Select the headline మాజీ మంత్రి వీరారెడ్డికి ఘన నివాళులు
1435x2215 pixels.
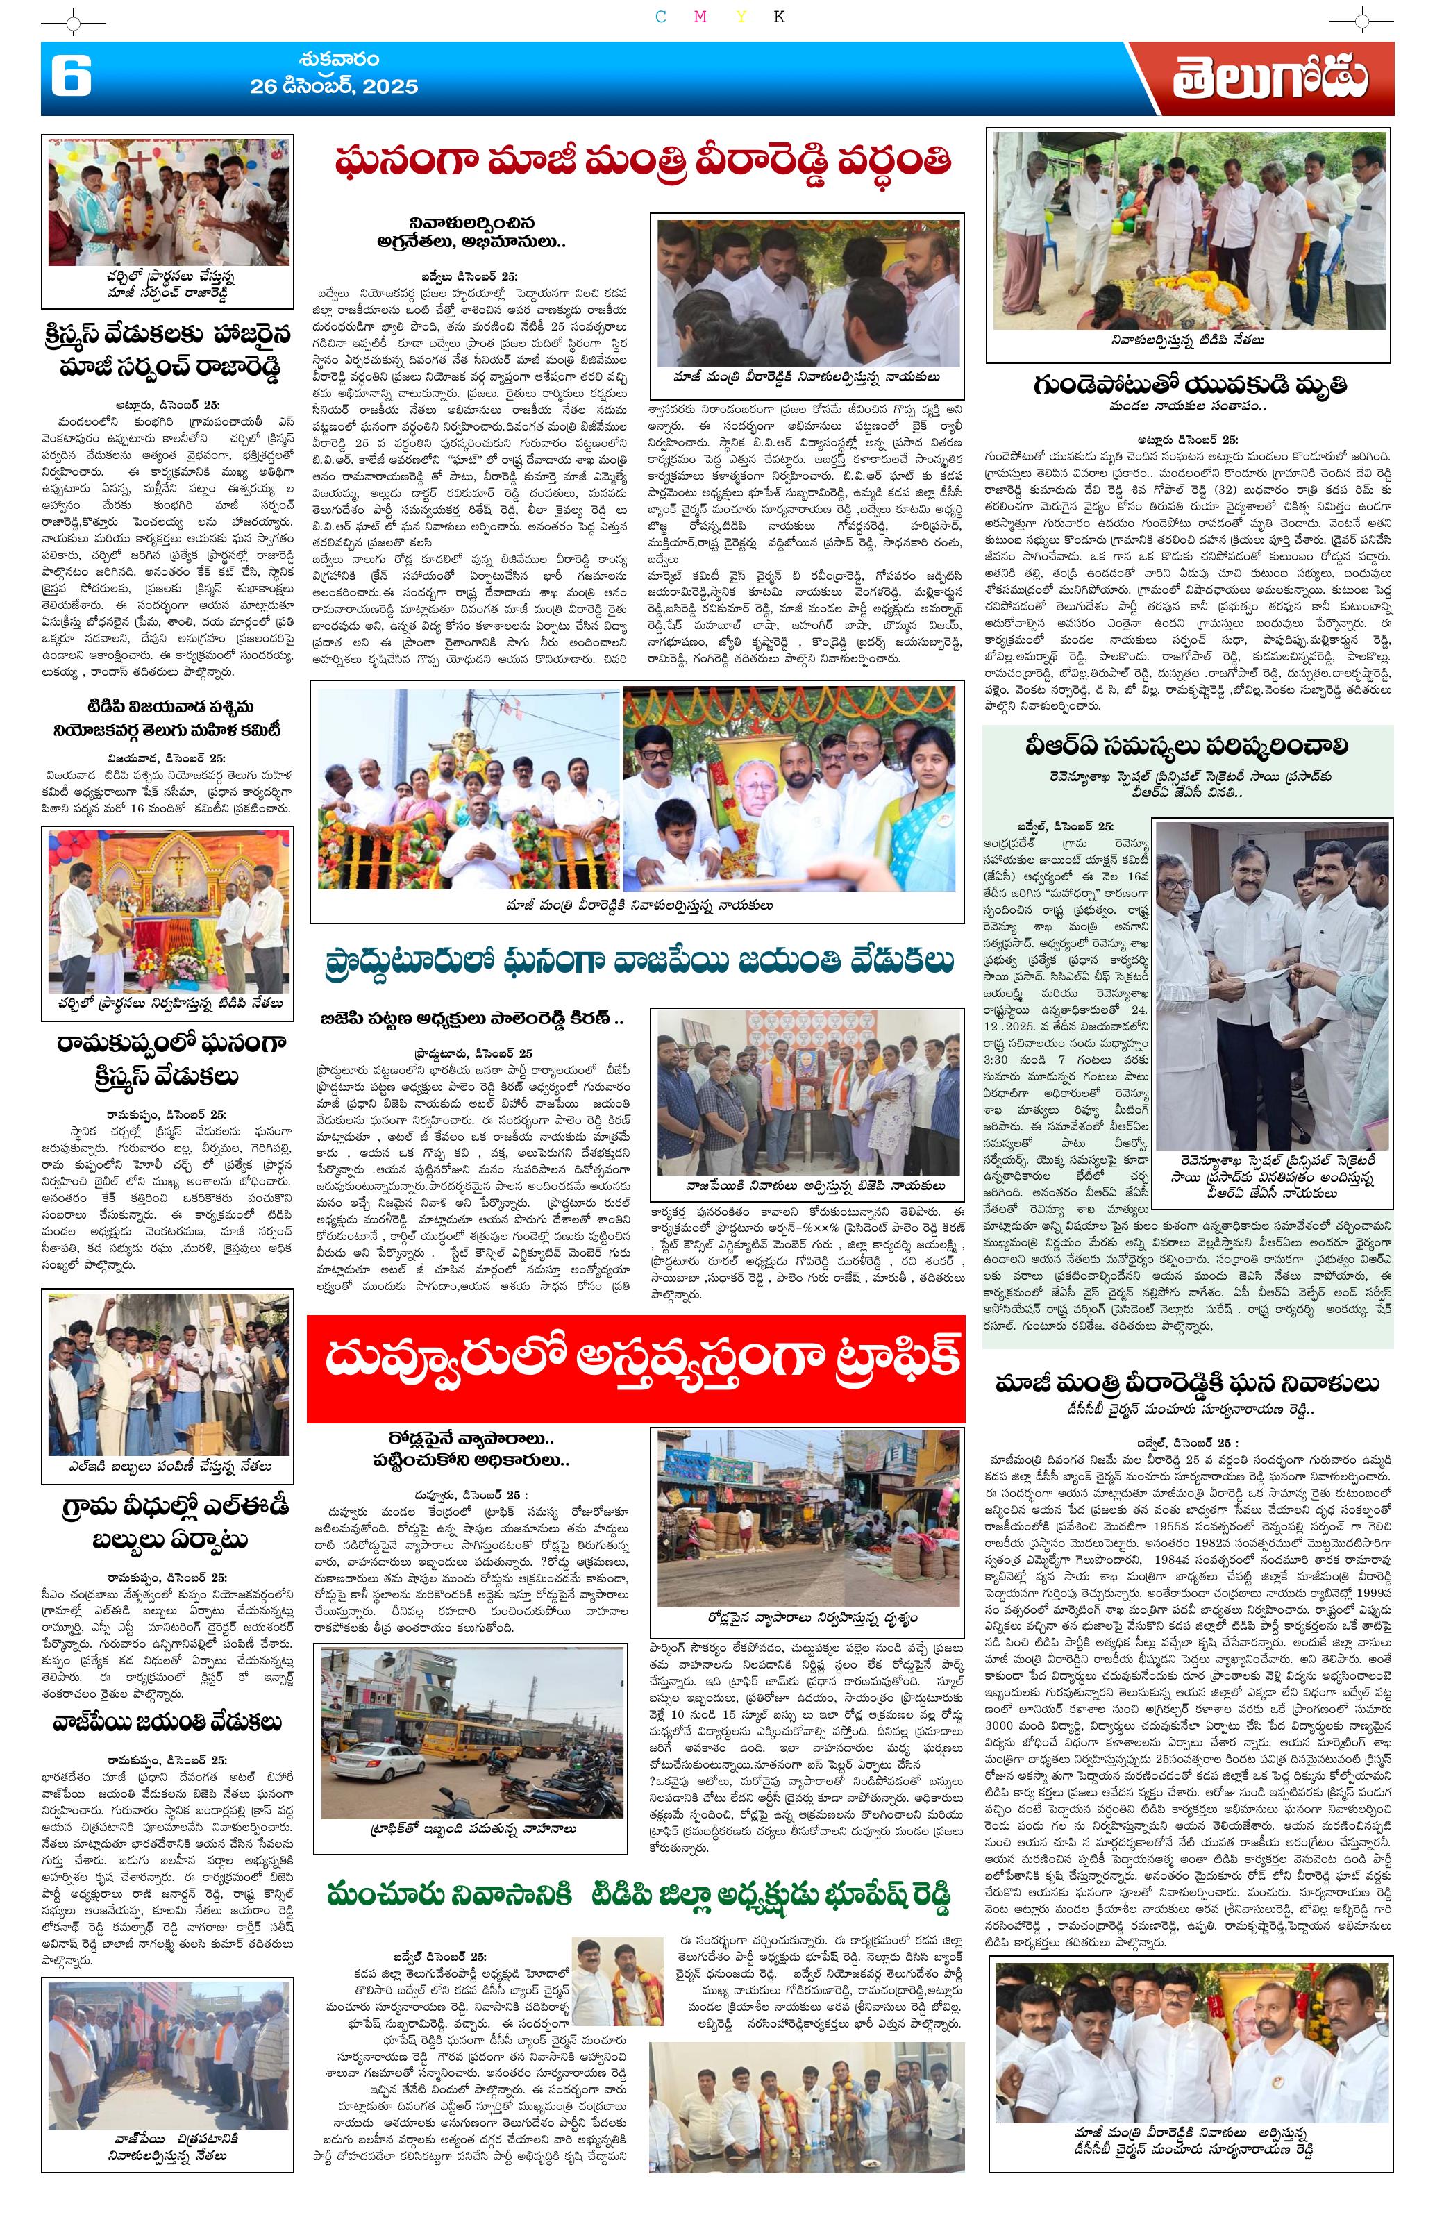(1186, 1383)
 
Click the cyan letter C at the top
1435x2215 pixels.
(661, 17)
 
